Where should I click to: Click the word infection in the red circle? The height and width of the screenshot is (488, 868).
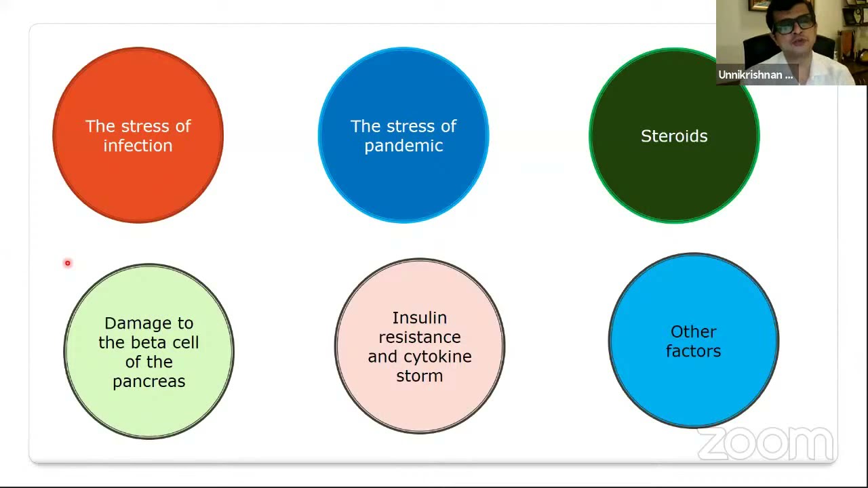[x=138, y=146]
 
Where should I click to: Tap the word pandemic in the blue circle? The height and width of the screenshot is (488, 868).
[x=403, y=146]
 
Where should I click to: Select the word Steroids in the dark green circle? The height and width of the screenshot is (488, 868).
[x=674, y=136]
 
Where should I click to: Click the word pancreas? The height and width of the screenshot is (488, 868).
[x=149, y=382]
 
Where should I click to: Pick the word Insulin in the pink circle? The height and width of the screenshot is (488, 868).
[x=419, y=318]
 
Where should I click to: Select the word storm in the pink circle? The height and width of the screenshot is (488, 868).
[x=419, y=376]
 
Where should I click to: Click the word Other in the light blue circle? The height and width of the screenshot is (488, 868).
[x=693, y=332]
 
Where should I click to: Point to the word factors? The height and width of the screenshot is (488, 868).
[x=693, y=351]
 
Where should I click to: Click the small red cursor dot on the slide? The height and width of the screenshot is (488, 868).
[x=68, y=263]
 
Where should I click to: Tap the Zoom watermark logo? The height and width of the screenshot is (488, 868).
[x=765, y=444]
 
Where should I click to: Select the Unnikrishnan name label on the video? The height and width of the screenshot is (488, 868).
[x=755, y=75]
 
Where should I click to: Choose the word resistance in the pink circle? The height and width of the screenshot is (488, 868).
[x=419, y=337]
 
